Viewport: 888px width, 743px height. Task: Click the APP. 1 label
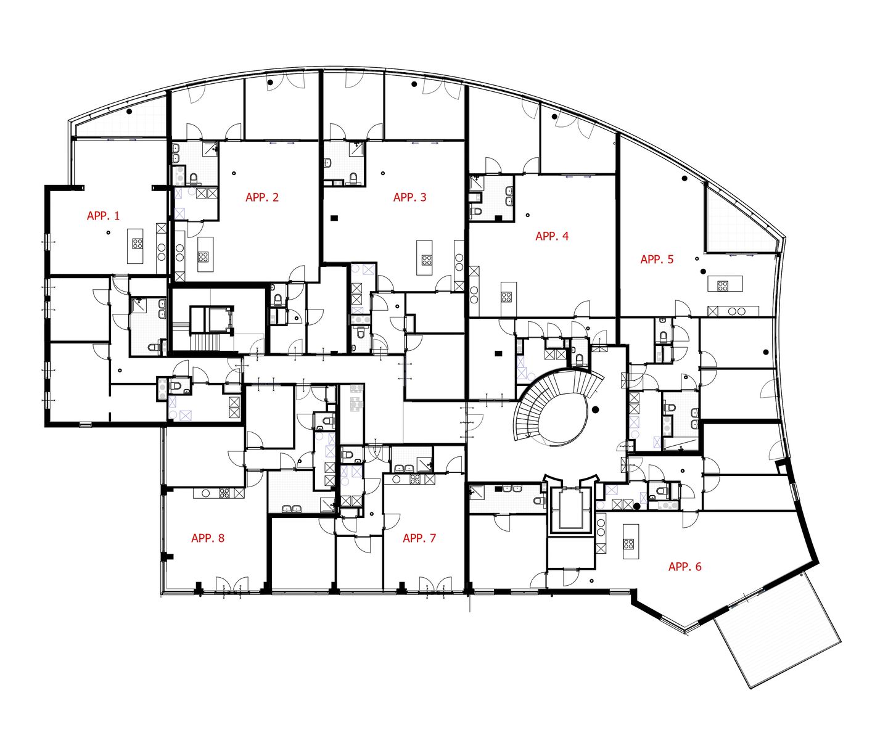103,216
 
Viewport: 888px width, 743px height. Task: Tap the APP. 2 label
262,197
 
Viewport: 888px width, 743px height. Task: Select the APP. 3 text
409,197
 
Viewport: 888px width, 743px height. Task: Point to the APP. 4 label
552,236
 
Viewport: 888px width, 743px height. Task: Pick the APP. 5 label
657,260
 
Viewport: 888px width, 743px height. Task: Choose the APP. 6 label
684,567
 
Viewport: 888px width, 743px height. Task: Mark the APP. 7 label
419,538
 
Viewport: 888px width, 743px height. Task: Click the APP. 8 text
208,538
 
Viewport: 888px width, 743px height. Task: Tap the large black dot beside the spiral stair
595,409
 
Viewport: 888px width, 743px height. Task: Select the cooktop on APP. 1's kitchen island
137,244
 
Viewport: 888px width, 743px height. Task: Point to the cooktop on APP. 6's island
628,544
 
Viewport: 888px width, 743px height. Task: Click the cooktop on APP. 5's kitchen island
722,285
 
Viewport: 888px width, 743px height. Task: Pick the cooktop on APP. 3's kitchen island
426,260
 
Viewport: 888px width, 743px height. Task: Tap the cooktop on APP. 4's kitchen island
506,297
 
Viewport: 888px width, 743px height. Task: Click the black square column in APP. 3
334,217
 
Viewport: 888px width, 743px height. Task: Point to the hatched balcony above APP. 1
120,123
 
